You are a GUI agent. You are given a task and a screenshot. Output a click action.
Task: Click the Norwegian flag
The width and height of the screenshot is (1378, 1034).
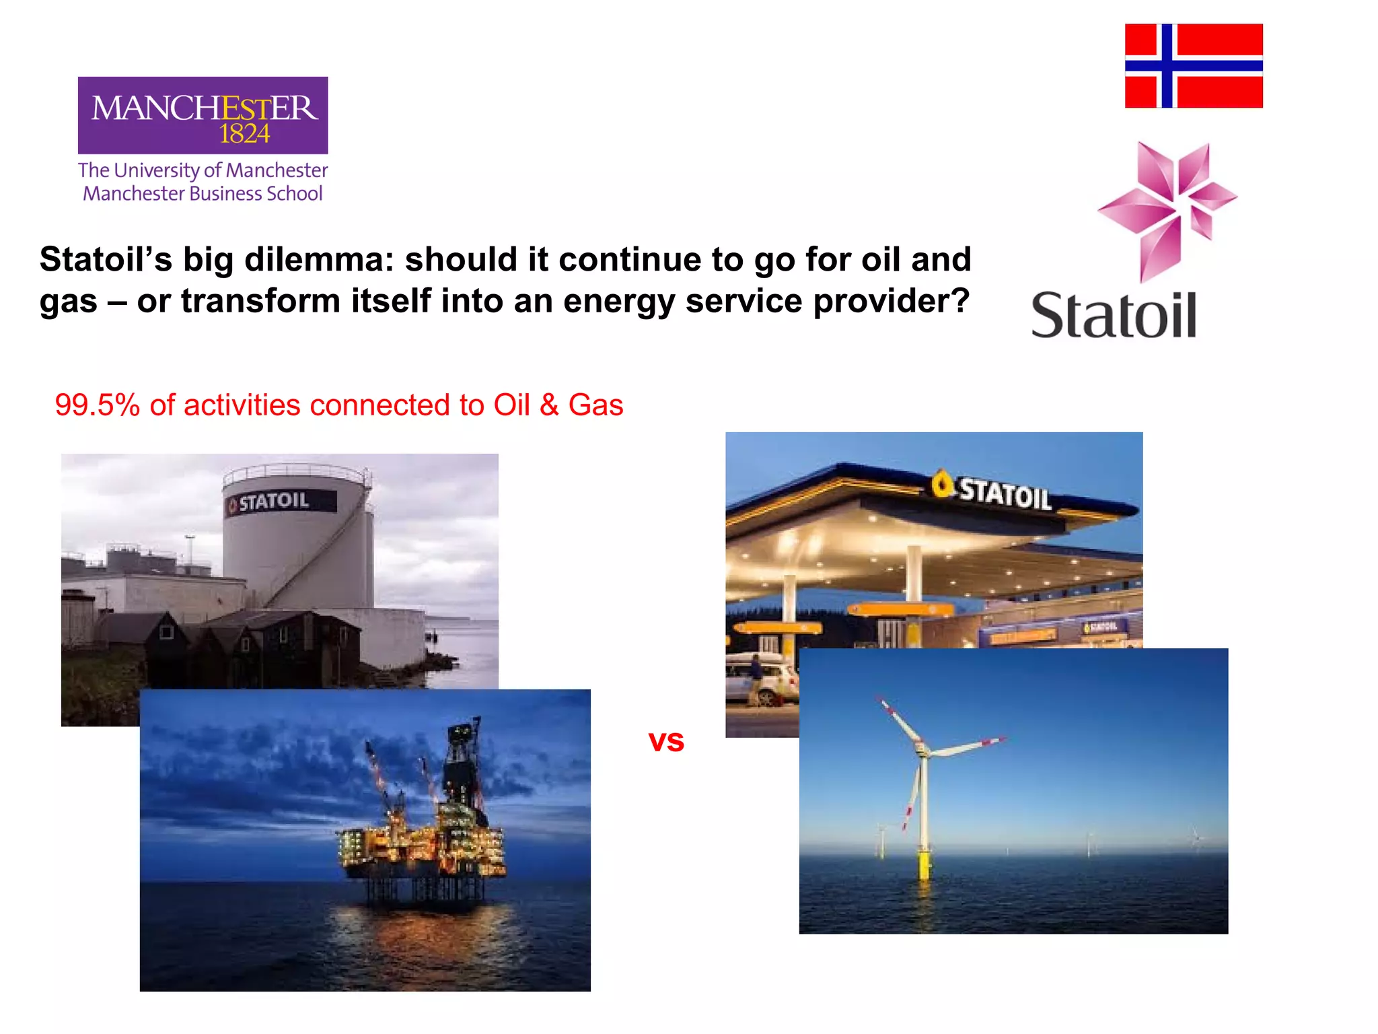pyautogui.click(x=1194, y=65)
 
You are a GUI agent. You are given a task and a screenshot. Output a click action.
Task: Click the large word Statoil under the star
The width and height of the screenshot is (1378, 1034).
pyautogui.click(x=1114, y=315)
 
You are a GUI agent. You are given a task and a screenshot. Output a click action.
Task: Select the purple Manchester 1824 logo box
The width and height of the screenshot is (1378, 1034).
pyautogui.click(x=203, y=115)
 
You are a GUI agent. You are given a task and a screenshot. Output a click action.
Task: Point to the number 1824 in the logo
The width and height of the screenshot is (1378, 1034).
pyautogui.click(x=244, y=134)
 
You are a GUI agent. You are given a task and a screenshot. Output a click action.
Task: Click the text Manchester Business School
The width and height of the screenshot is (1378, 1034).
pyautogui.click(x=203, y=194)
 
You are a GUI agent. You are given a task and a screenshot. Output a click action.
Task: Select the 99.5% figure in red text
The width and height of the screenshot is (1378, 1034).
pyautogui.click(x=97, y=405)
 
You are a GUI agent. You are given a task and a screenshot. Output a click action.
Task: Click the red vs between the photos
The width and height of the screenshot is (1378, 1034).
pyautogui.click(x=666, y=741)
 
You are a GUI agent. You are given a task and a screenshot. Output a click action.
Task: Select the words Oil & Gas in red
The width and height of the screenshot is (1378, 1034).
pyautogui.click(x=558, y=405)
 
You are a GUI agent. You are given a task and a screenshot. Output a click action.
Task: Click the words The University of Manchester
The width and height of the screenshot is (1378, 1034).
pyautogui.click(x=203, y=170)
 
